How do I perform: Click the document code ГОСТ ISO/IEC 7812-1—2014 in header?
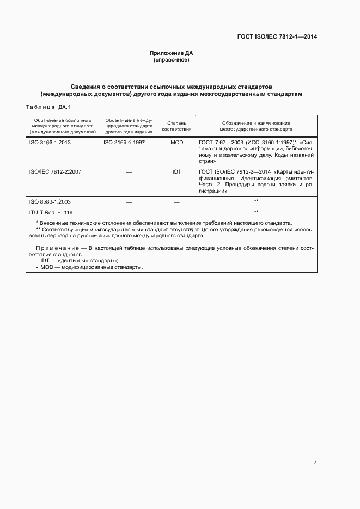click(277, 37)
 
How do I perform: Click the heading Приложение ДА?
click(172, 53)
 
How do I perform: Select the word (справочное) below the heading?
click(172, 60)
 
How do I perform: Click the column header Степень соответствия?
click(176, 126)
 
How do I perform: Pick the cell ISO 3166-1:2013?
click(50, 142)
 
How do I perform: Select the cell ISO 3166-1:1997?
click(125, 142)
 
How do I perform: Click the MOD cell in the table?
click(176, 142)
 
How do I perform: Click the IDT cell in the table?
click(176, 171)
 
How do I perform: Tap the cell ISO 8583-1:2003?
click(50, 201)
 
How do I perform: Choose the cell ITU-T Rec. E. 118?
click(50, 212)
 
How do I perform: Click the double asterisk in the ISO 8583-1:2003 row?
click(256, 201)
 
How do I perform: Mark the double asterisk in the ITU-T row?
click(256, 212)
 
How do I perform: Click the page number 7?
click(315, 462)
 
